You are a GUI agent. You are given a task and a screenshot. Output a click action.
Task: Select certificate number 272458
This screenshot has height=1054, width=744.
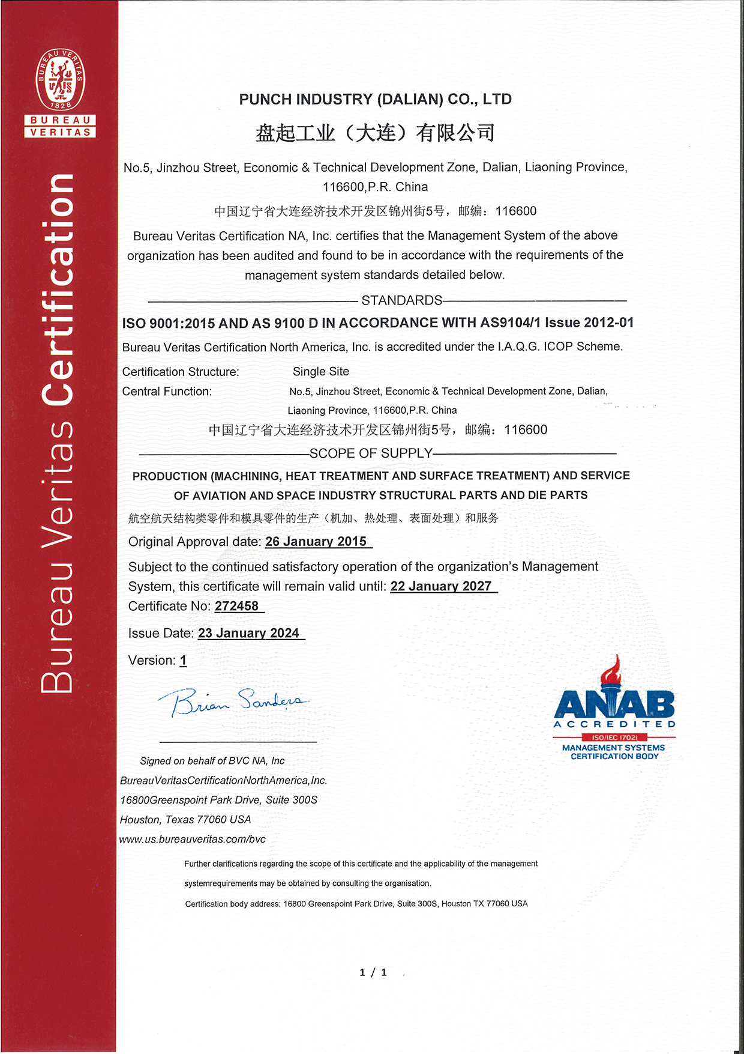click(x=237, y=606)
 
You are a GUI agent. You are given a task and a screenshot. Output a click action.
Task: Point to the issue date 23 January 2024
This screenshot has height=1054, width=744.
click(x=248, y=633)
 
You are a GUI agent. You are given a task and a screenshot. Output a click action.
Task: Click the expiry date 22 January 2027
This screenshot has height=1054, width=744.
click(x=441, y=586)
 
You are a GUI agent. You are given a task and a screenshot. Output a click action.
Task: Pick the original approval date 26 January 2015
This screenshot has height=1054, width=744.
click(x=316, y=542)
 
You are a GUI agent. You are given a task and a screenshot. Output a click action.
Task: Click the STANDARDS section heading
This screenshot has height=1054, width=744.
click(x=401, y=300)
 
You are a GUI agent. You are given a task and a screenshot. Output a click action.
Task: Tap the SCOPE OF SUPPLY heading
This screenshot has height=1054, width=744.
click(x=371, y=453)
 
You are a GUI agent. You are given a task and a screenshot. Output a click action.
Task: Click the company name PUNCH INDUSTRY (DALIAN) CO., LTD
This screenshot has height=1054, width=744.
click(x=375, y=99)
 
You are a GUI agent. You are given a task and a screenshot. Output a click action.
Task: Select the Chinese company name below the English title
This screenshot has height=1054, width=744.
click(x=375, y=133)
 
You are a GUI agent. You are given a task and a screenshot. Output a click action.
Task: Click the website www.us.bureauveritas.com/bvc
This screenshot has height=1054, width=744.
click(x=193, y=839)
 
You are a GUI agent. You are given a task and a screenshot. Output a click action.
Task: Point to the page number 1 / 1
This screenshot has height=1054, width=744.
click(x=373, y=972)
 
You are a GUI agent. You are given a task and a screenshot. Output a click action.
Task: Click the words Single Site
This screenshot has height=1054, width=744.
click(x=321, y=372)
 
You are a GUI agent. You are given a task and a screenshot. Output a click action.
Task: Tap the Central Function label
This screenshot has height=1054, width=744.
click(x=167, y=392)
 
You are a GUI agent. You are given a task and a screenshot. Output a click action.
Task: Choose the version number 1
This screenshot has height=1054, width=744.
click(x=183, y=661)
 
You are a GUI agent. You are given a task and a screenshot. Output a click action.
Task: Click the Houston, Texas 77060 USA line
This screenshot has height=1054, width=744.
click(x=185, y=819)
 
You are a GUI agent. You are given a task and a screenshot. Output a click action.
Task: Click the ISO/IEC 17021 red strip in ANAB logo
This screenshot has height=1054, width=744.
click(x=614, y=737)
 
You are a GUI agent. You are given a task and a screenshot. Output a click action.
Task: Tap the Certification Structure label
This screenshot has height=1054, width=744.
click(x=181, y=372)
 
